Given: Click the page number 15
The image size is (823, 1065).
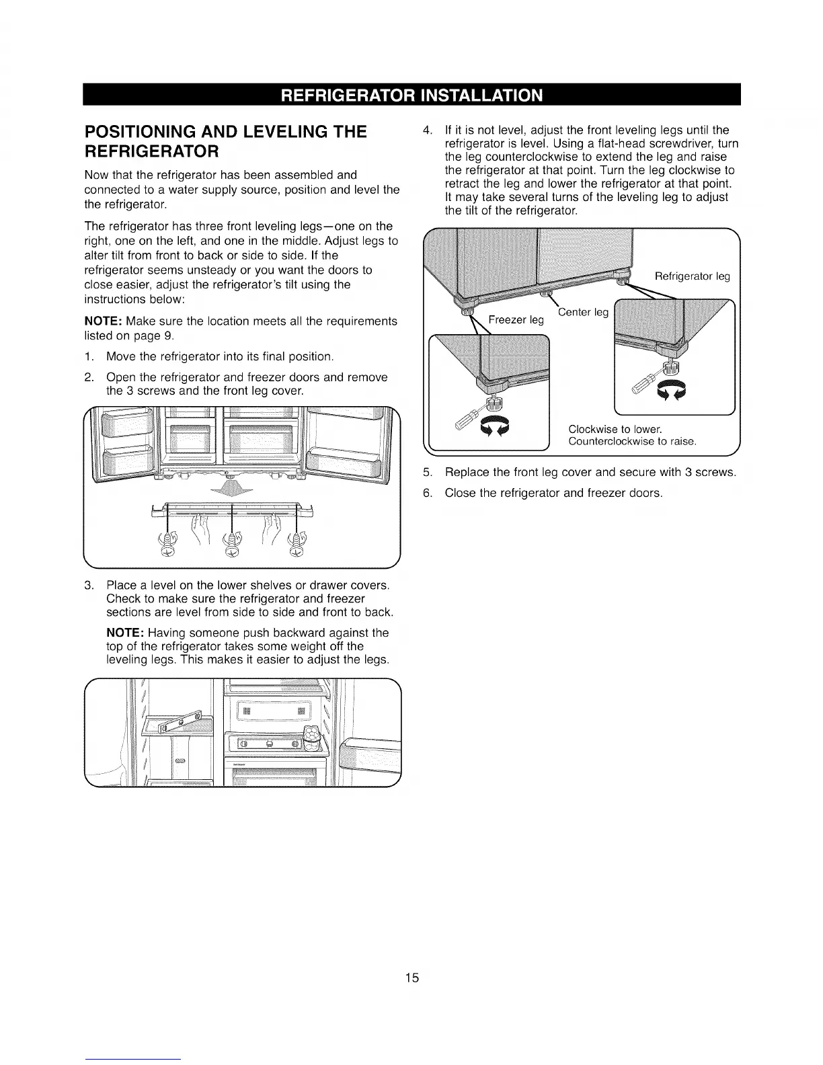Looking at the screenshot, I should tap(412, 978).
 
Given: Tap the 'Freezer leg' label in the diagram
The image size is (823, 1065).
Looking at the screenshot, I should tap(515, 320).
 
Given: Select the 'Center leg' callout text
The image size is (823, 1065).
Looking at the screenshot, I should tap(583, 312).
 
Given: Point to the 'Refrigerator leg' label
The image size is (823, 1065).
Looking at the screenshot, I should tap(692, 276).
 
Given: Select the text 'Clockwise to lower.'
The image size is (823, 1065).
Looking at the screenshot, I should tap(615, 429).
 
